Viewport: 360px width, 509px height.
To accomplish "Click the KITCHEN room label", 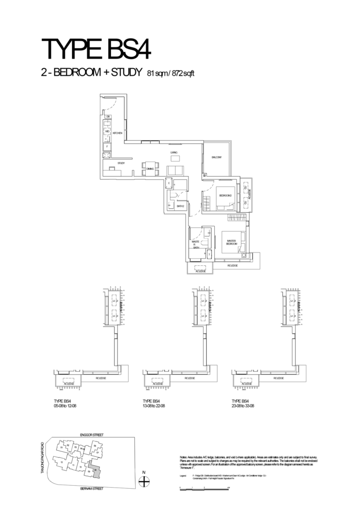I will coord(117,134).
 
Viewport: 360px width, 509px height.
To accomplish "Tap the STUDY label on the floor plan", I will coord(121,163).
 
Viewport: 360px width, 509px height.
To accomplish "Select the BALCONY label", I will coord(216,158).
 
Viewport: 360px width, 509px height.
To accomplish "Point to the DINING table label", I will coord(150,170).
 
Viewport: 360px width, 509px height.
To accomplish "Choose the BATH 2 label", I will coord(180,206).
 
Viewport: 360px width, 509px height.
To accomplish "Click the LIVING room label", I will coord(174,152).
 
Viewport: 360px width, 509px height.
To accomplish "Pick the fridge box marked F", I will coord(107,147).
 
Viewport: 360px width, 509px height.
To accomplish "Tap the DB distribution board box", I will coord(107,117).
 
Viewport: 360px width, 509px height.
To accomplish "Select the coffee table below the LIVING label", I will coord(176,159).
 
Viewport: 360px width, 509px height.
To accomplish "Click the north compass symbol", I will coord(144,481).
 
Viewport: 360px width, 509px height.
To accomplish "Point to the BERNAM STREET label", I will coord(91,489).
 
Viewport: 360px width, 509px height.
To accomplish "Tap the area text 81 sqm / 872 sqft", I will coord(171,74).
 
